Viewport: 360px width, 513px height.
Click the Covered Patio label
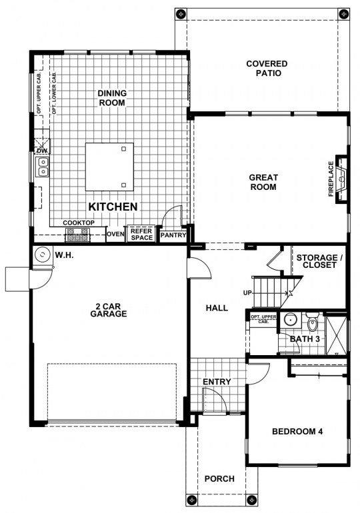click(267, 69)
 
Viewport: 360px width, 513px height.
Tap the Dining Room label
click(112, 98)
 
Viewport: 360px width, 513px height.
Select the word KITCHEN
click(113, 207)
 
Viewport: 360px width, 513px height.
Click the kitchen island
click(109, 167)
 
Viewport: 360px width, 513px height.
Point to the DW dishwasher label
click(42, 151)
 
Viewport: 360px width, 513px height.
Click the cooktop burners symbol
click(78, 235)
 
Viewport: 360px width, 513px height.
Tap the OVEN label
click(115, 235)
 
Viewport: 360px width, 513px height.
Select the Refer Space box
click(142, 235)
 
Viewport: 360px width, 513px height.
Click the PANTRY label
click(173, 235)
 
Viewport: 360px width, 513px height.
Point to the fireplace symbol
click(342, 179)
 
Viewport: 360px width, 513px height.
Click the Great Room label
click(263, 183)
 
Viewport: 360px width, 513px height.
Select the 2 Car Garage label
click(108, 310)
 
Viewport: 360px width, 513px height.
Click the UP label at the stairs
click(247, 293)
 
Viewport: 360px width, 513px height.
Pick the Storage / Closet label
click(319, 261)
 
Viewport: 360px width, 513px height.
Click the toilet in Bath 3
click(313, 322)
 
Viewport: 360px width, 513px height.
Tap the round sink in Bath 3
click(290, 320)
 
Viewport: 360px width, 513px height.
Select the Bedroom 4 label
click(297, 432)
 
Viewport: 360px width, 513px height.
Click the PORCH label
click(219, 479)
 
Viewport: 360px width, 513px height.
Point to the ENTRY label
click(217, 382)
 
